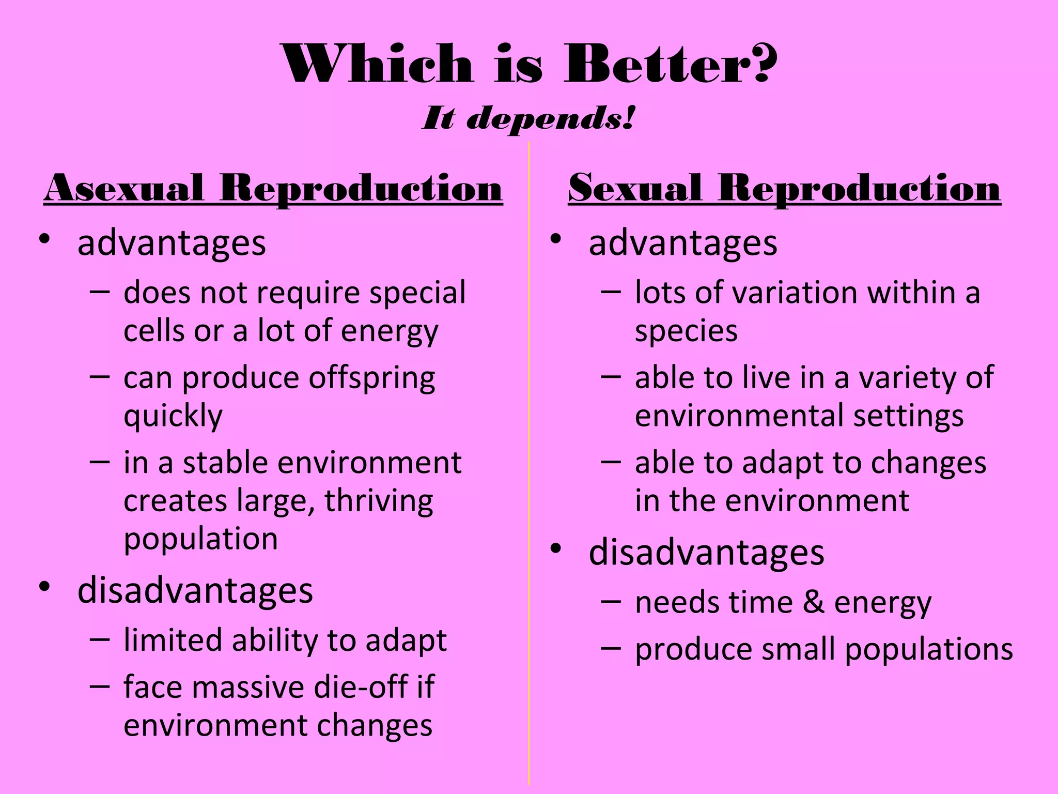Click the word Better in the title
(656, 65)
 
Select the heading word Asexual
(124, 188)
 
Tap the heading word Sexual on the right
(635, 188)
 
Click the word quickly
(173, 417)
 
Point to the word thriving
(379, 501)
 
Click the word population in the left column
(201, 540)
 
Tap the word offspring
(372, 379)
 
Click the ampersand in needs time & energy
(814, 603)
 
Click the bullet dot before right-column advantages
(556, 239)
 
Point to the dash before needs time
(611, 603)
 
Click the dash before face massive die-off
(99, 686)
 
